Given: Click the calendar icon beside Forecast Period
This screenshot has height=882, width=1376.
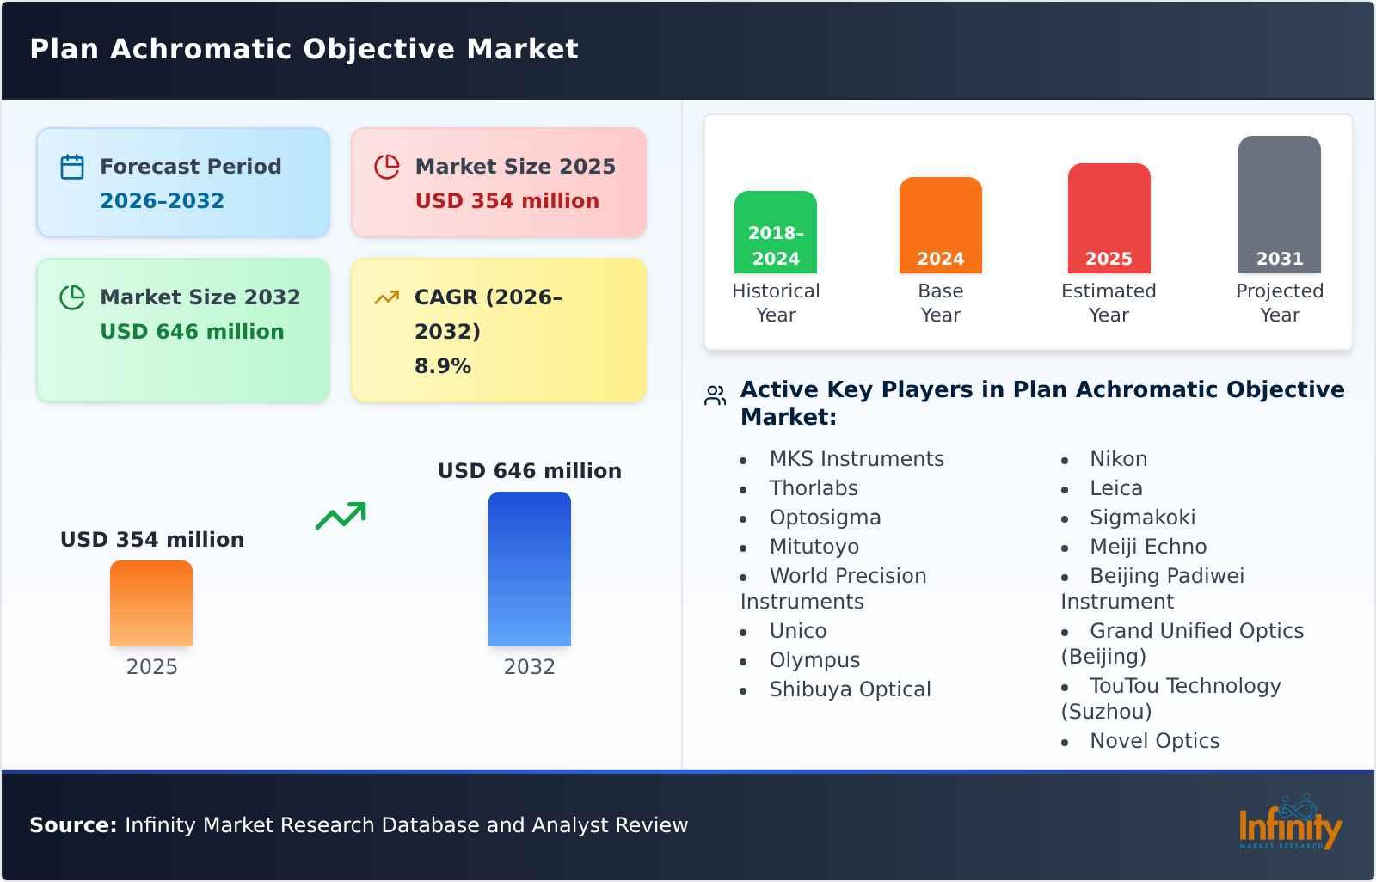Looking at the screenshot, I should (72, 167).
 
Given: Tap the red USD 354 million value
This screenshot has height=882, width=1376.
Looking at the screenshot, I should (507, 201).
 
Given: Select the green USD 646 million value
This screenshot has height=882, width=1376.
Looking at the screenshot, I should (192, 332).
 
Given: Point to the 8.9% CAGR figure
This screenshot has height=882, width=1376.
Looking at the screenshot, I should (442, 366).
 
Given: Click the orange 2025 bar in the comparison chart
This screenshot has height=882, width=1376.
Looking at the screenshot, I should (151, 603).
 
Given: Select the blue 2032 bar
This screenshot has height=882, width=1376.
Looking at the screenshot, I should (529, 569).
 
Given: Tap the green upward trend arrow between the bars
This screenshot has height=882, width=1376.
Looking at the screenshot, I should (341, 516).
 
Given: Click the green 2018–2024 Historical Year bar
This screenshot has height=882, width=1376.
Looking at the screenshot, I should (775, 232).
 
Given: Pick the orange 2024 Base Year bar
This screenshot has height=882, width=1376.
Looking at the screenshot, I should (940, 225).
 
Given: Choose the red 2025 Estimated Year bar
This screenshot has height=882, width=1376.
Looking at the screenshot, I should (1109, 218).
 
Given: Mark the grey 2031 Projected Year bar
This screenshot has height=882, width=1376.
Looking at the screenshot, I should (1279, 205).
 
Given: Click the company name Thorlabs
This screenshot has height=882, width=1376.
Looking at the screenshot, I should (813, 488).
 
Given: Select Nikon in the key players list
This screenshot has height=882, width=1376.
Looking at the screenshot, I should (1118, 459).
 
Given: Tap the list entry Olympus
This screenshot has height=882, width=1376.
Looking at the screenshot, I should (814, 660).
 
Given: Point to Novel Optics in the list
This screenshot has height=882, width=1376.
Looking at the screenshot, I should (1154, 741).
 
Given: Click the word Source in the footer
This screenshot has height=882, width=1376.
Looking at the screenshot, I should (72, 825).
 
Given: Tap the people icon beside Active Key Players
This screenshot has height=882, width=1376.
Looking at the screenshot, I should (715, 395).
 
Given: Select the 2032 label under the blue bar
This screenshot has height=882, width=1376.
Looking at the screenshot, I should (529, 667).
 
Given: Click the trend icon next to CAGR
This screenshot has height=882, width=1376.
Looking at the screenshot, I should (386, 297).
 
